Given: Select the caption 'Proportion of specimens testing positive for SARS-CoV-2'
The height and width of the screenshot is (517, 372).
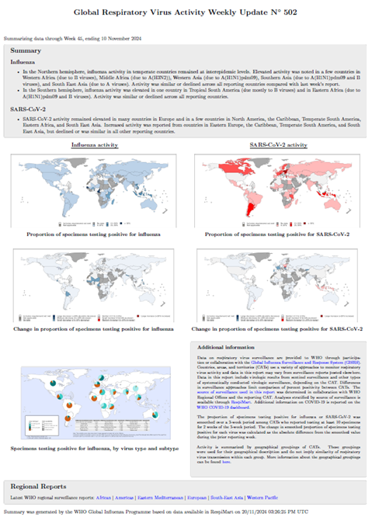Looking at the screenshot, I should point(276,234).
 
